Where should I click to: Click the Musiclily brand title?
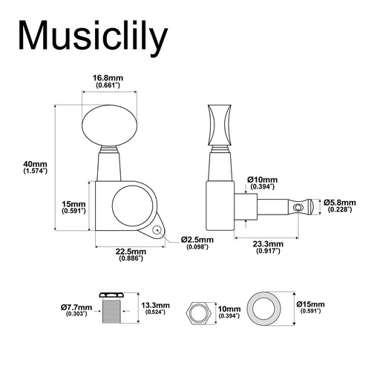tap(93, 37)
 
